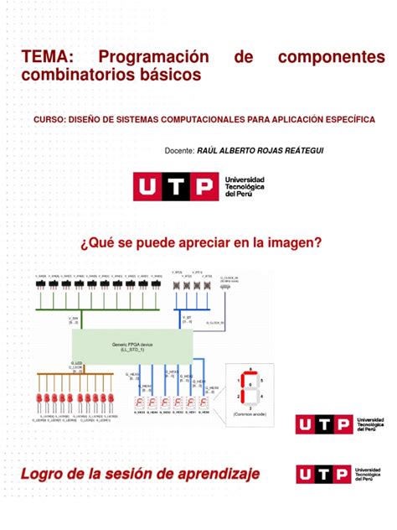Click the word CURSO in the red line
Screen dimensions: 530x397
coord(49,120)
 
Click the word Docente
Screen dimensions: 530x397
coord(184,150)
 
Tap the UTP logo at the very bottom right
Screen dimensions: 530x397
coord(343,475)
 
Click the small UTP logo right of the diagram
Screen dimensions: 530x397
coord(343,427)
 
